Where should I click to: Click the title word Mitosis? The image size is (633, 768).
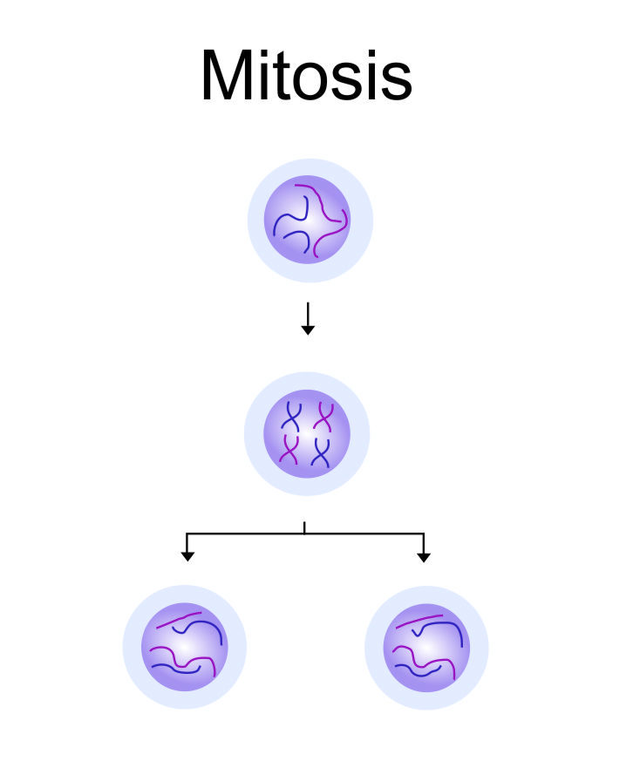click(x=306, y=77)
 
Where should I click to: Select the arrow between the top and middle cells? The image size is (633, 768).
click(x=307, y=318)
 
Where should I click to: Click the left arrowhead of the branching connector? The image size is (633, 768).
click(x=187, y=555)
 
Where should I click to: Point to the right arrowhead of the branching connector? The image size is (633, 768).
click(x=424, y=555)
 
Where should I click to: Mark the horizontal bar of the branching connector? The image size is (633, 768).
click(x=305, y=534)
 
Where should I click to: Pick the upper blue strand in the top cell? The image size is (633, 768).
click(x=300, y=207)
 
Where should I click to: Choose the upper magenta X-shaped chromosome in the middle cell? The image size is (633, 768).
click(x=324, y=416)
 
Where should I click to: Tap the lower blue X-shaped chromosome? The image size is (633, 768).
click(x=321, y=452)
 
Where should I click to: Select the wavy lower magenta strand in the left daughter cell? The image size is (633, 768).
click(x=174, y=654)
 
